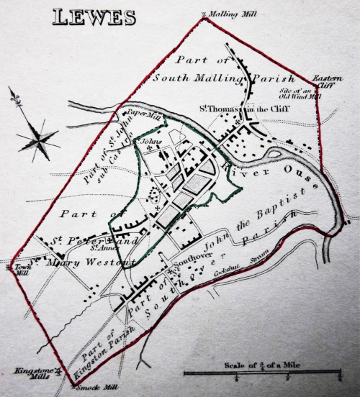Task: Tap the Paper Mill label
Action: coord(144,114)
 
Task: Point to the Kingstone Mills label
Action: coord(29,375)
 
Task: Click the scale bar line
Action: coord(262,372)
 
